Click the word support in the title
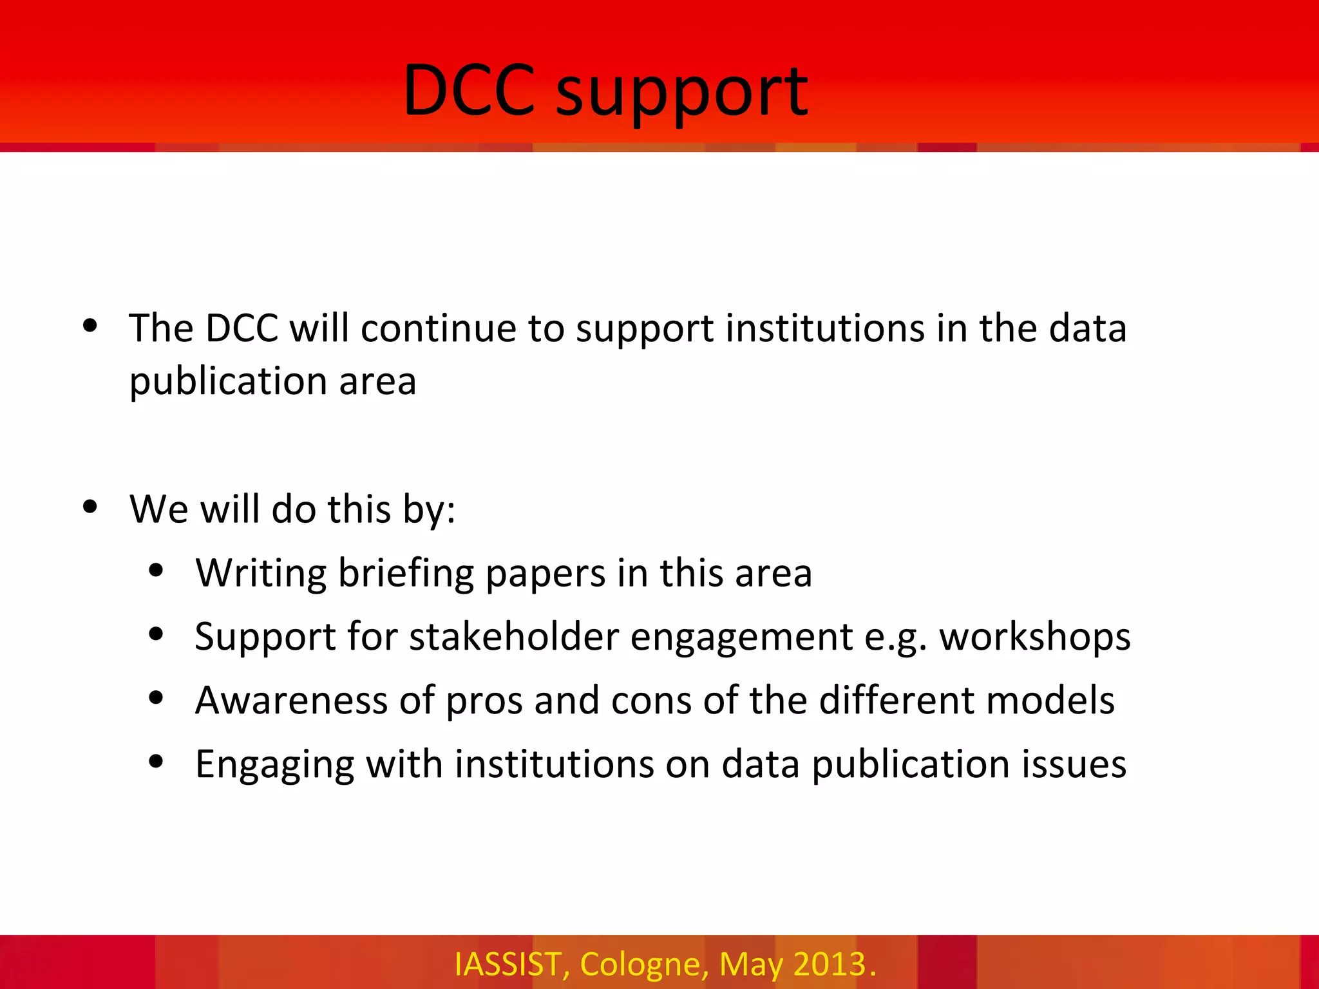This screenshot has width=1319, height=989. [681, 94]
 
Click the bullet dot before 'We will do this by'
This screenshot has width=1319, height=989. [90, 507]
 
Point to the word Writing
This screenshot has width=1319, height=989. [261, 573]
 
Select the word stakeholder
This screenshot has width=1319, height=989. [514, 637]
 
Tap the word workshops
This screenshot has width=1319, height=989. [1034, 637]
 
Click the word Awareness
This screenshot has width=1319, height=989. [291, 700]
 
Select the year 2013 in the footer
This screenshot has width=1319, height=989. [830, 965]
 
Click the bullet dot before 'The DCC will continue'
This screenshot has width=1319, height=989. [90, 326]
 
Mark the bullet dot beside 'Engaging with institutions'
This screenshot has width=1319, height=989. [156, 762]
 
